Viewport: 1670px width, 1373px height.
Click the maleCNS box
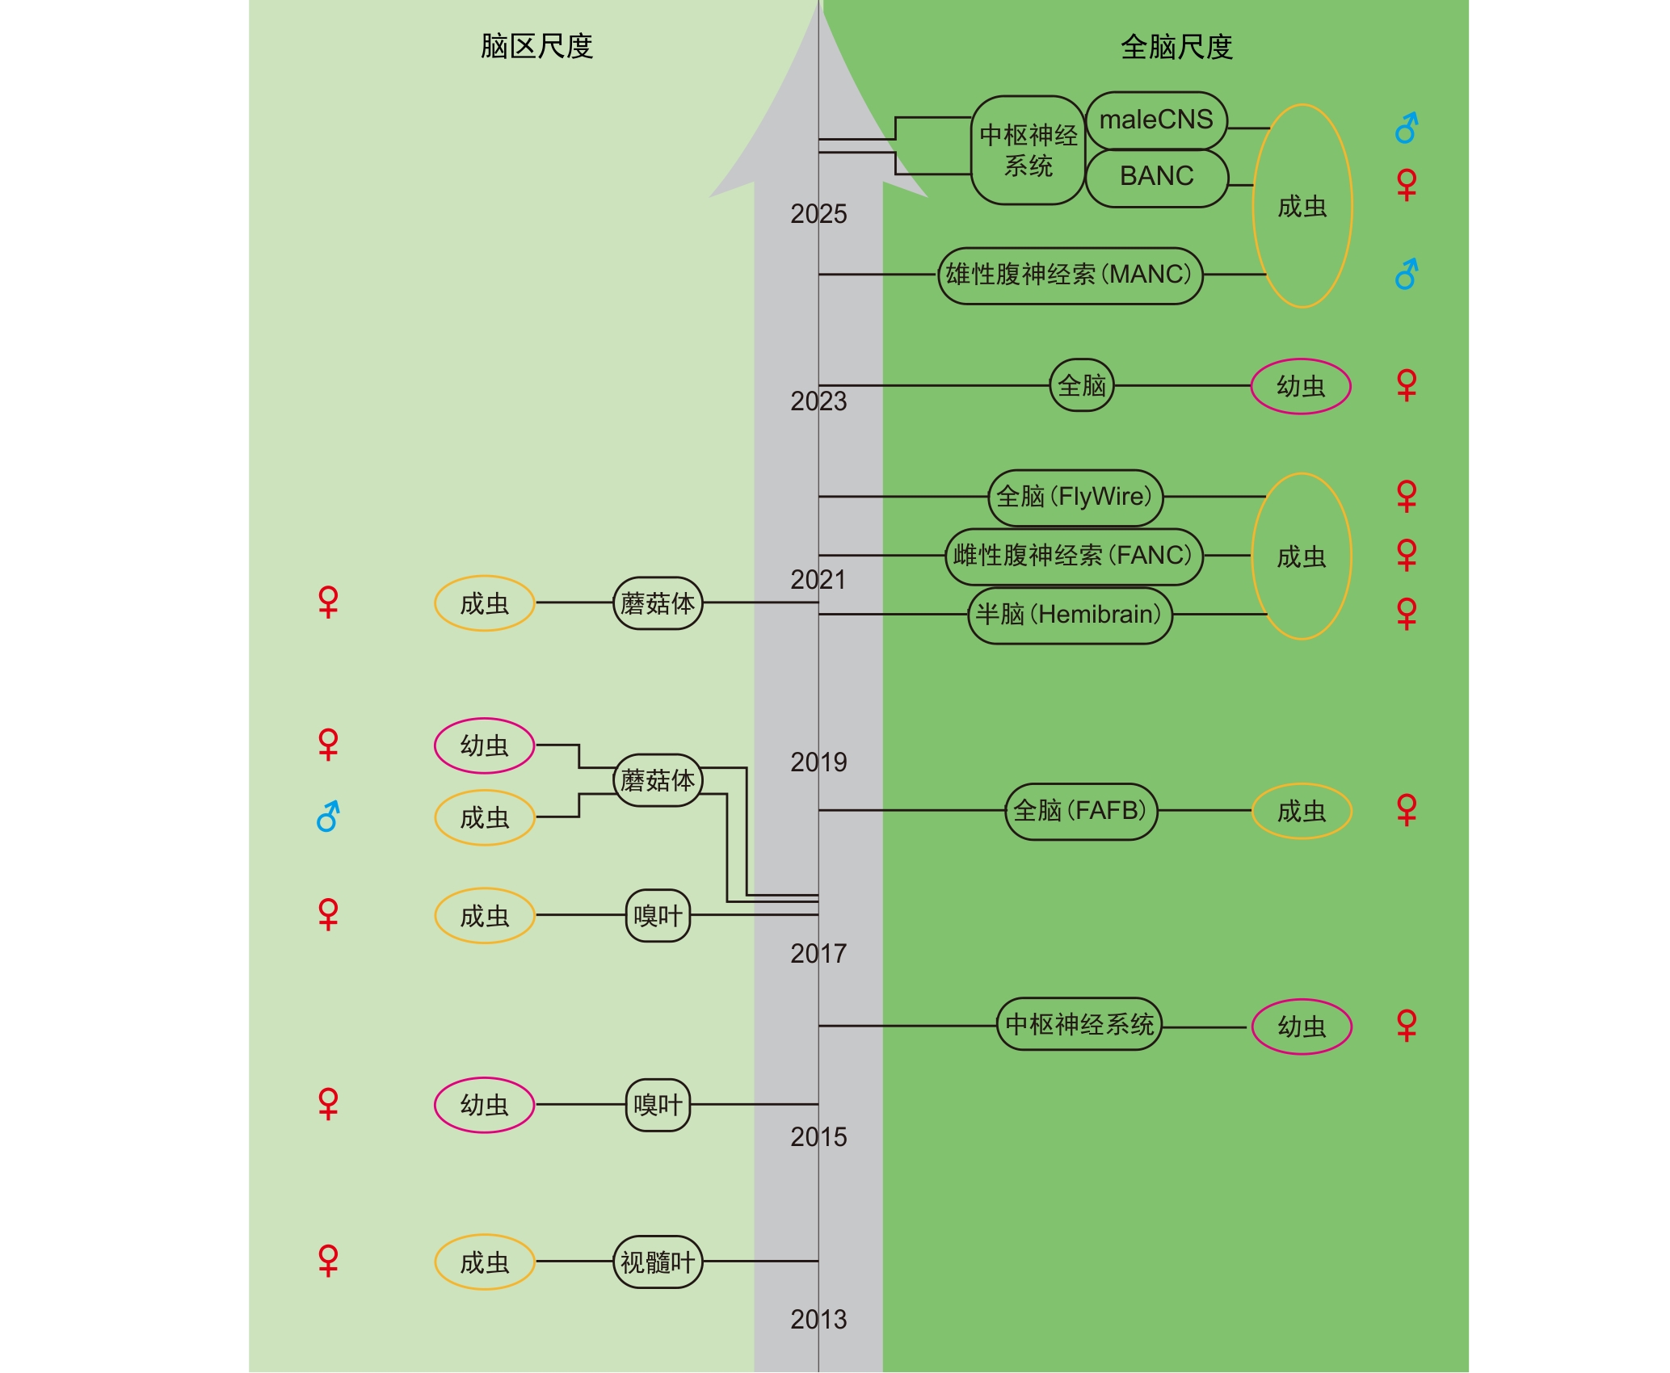click(1156, 120)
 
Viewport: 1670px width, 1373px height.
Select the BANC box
click(1156, 177)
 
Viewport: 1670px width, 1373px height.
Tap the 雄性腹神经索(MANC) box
click(1070, 275)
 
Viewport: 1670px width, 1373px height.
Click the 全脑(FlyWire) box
click(1075, 497)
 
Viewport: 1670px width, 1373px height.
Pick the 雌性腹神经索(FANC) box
click(1074, 556)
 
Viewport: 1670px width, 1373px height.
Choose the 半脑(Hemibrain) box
click(1070, 615)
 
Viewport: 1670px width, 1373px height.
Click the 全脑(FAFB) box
click(1081, 811)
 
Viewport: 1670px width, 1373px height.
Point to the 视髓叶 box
click(658, 1262)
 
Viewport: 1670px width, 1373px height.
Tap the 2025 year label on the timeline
click(818, 214)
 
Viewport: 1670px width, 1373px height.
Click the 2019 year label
click(818, 762)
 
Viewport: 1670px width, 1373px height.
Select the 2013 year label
click(818, 1320)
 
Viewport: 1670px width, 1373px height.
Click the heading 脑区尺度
click(536, 47)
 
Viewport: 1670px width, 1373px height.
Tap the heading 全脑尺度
click(1176, 47)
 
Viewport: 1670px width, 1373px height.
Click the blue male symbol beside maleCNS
click(1407, 128)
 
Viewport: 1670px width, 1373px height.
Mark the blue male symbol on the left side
click(328, 817)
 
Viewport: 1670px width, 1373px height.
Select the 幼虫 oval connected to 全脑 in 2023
click(1301, 386)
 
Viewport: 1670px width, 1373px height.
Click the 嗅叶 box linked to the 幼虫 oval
click(658, 1105)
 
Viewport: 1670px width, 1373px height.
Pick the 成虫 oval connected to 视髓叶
click(485, 1262)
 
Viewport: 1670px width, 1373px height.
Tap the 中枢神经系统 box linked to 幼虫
click(1079, 1025)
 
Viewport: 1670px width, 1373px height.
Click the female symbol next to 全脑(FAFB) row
click(1407, 809)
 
